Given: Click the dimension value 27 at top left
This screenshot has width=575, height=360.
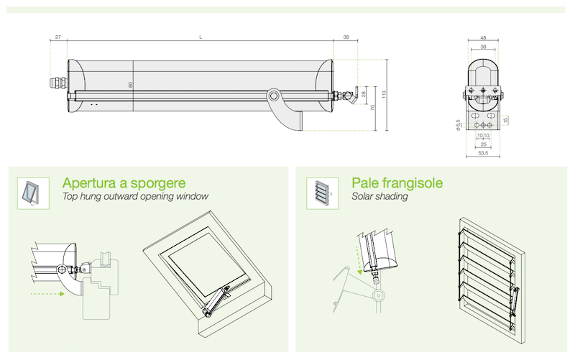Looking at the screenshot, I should click(x=57, y=37).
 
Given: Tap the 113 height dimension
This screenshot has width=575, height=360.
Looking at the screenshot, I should click(x=385, y=94).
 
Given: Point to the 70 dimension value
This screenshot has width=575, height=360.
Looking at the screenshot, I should click(x=372, y=109).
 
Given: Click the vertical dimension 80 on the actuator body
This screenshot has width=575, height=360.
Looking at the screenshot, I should click(x=131, y=84).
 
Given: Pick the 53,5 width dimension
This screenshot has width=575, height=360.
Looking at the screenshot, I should click(x=483, y=154).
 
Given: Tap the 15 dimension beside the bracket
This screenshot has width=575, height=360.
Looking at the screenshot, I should click(x=506, y=120).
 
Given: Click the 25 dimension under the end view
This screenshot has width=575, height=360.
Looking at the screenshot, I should click(x=483, y=144).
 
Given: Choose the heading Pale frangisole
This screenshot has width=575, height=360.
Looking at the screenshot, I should click(x=397, y=183).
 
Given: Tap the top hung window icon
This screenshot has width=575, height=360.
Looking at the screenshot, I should click(x=33, y=192).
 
